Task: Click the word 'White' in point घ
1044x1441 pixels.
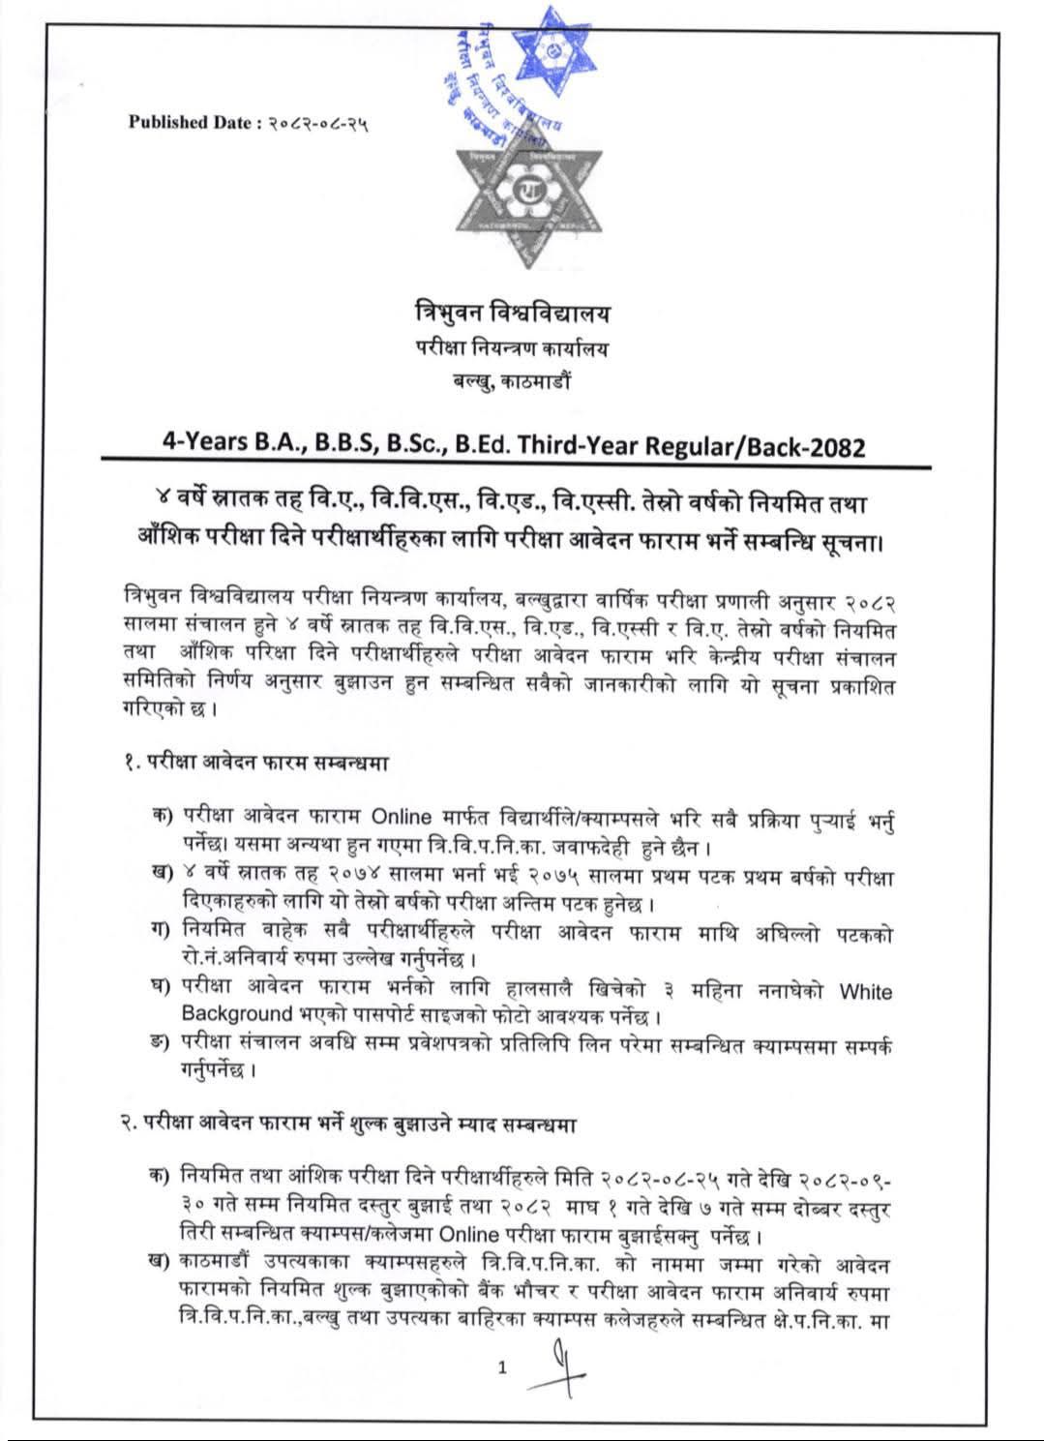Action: tap(866, 991)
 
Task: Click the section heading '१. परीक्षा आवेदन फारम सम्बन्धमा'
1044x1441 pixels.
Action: tap(251, 763)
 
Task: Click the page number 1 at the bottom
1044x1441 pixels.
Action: tap(501, 1367)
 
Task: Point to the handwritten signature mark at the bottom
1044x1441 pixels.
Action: tap(560, 1366)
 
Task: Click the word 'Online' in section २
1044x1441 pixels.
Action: tap(468, 1235)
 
